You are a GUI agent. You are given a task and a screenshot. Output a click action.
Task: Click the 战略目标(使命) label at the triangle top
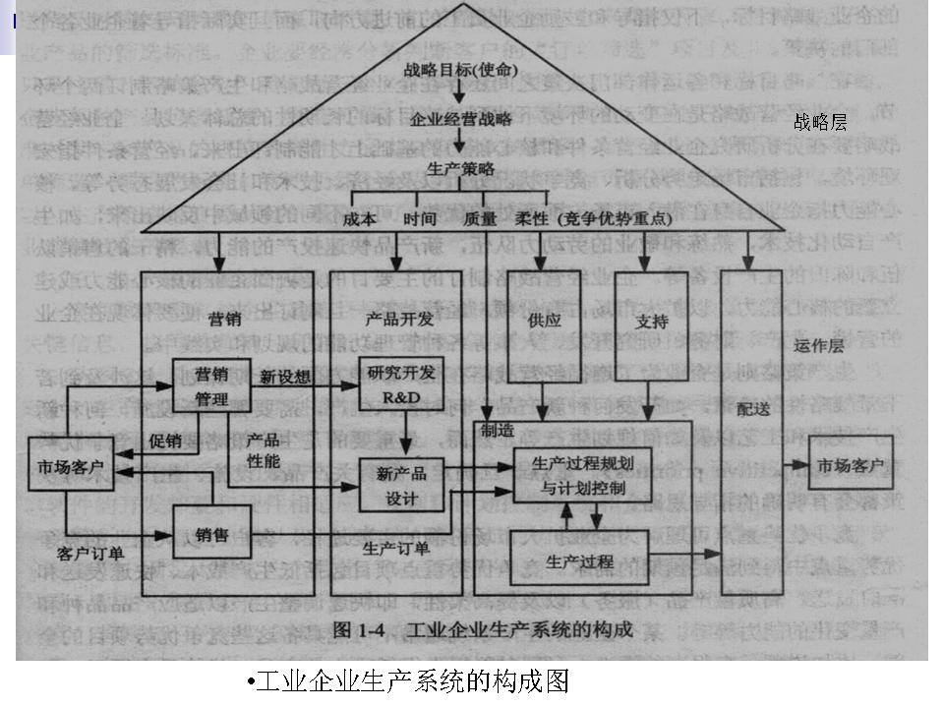pos(461,71)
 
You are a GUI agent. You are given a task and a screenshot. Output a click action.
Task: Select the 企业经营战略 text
pos(461,119)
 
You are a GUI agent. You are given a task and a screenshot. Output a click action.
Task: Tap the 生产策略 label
pos(460,168)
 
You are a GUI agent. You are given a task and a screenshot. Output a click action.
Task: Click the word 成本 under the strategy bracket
pos(359,219)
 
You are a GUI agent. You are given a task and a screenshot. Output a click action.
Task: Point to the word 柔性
pos(532,219)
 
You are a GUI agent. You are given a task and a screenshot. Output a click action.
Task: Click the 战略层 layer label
pos(820,122)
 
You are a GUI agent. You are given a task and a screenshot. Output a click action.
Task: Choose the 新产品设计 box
pos(401,485)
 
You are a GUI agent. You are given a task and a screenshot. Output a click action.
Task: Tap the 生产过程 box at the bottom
pos(580,561)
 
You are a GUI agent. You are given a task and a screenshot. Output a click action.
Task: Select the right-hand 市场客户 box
pos(851,465)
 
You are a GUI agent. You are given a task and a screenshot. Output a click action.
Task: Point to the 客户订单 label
pos(89,555)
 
